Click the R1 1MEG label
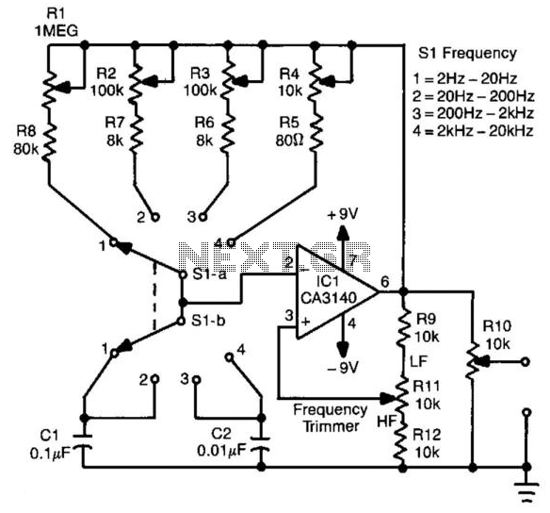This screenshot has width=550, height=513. click(57, 23)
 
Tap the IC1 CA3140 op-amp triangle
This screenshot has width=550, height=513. click(337, 292)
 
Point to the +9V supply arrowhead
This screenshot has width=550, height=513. click(343, 232)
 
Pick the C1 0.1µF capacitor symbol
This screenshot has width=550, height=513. click(83, 442)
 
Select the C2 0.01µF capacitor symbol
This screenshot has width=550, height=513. click(261, 444)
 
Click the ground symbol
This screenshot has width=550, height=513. click(526, 490)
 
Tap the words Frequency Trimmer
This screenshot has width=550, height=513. click(330, 418)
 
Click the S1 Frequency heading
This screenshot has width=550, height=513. click(467, 54)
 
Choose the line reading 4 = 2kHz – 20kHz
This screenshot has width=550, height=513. click(473, 131)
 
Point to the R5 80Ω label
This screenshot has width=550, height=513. click(289, 132)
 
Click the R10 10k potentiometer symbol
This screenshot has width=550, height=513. click(473, 362)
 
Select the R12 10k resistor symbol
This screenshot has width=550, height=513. click(400, 443)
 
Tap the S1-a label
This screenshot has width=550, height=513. click(210, 274)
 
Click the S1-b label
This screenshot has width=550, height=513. click(208, 321)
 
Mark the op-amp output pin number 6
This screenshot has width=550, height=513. click(385, 282)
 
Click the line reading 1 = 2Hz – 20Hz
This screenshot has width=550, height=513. click(465, 78)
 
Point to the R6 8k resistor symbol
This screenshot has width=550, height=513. click(228, 134)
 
